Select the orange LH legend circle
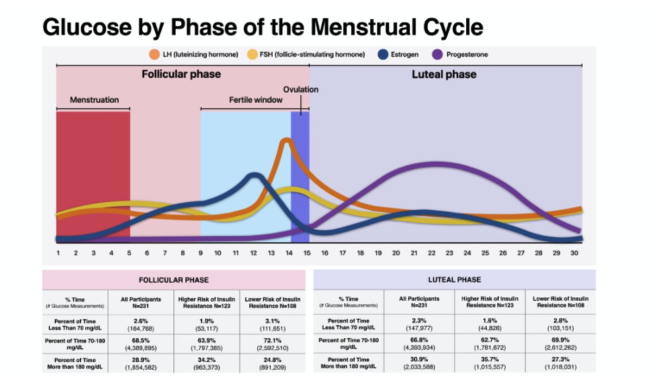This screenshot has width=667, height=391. pos(154,54)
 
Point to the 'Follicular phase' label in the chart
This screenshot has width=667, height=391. pos(181,74)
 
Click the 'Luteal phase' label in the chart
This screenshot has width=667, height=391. pos(444,74)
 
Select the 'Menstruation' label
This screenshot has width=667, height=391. pos(94,100)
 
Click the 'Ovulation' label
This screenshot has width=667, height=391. pos(301,89)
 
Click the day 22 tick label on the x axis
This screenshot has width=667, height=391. pos(431,253)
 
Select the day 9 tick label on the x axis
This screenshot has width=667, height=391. pos(200,253)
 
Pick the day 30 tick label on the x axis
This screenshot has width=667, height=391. pos(574,253)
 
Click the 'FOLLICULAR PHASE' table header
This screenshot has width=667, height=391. pos(174,280)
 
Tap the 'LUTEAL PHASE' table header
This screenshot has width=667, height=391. pos(455,280)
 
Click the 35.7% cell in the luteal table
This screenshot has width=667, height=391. pos(488,360)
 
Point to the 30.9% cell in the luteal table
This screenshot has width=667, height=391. pos(419,360)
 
